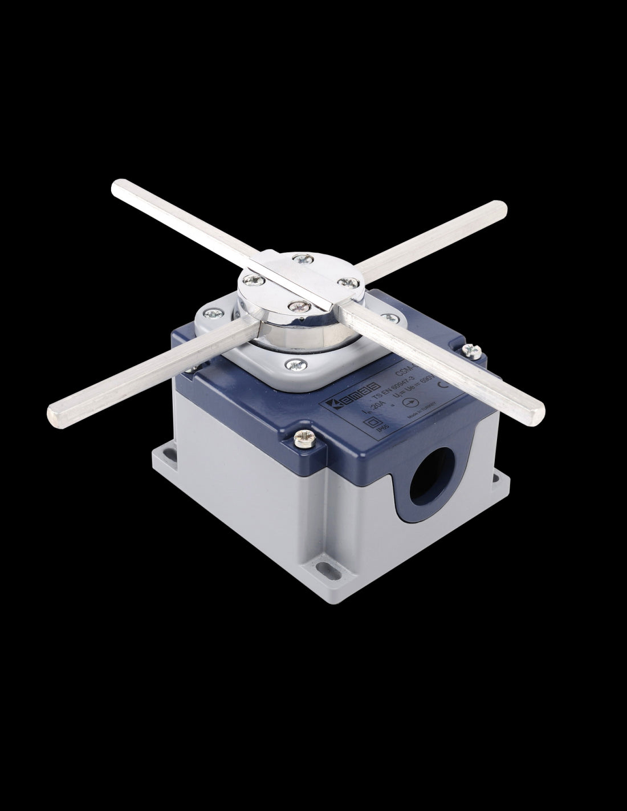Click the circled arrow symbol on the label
pyautogui.click(x=408, y=402)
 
